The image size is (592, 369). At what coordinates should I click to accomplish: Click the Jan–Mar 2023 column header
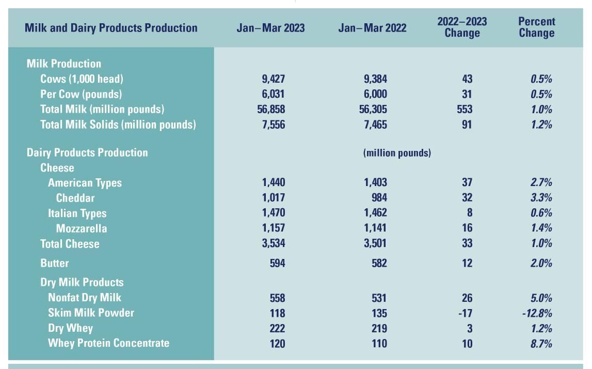point(270,28)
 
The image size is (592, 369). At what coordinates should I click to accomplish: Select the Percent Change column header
point(537,27)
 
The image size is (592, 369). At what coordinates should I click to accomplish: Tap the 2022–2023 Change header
point(462,27)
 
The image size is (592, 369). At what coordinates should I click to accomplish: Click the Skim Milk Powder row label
point(91,313)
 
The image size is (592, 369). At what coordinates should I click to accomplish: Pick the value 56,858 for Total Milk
point(270,110)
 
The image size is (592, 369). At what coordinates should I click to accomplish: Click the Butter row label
point(54,263)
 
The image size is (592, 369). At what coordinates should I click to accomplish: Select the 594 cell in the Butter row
point(277,263)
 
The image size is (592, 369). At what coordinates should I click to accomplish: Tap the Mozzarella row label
point(82,228)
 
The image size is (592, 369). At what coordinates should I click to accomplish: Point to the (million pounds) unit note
point(397,153)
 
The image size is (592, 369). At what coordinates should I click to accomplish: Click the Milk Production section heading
point(64,64)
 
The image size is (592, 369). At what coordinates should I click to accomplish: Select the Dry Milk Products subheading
point(82,282)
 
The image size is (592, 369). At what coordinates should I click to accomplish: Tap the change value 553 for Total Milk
point(464,110)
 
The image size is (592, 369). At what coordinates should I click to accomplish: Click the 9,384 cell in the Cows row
point(375,79)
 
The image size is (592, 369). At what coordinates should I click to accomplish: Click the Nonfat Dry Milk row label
point(85,298)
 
